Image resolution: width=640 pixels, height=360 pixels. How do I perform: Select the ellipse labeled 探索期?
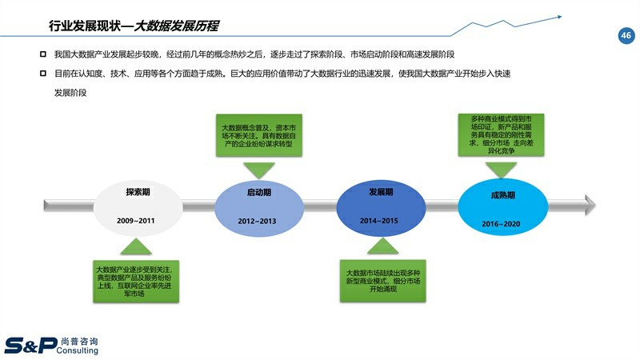click(136, 206)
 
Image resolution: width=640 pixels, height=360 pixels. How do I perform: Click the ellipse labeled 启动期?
click(258, 206)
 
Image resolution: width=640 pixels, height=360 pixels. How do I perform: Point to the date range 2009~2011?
click(136, 219)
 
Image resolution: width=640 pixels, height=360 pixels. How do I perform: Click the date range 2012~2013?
click(258, 220)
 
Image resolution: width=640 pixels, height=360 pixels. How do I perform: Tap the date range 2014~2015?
click(380, 219)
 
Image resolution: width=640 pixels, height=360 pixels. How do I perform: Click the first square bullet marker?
click(42, 54)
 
